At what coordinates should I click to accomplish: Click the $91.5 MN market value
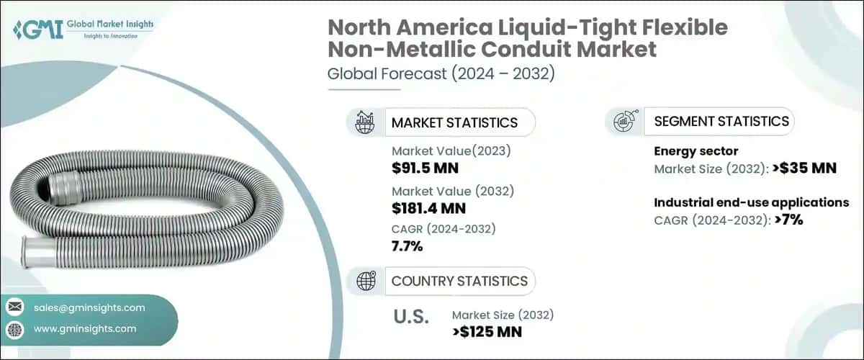click(x=425, y=168)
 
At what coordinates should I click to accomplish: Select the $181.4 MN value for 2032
click(x=428, y=208)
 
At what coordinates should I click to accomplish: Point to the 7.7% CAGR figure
click(x=407, y=247)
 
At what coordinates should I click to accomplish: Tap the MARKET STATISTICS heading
click(x=454, y=122)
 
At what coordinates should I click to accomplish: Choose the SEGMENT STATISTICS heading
click(x=721, y=121)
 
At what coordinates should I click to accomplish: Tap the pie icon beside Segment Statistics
click(x=624, y=122)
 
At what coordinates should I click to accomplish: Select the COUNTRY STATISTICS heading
click(x=459, y=281)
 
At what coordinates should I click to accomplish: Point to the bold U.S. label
click(x=411, y=317)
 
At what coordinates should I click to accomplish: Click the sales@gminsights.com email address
click(x=89, y=307)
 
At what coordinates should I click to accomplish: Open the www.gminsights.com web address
click(x=85, y=329)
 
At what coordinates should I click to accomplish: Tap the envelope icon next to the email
click(x=14, y=307)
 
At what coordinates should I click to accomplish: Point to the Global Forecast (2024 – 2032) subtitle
click(x=441, y=74)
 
